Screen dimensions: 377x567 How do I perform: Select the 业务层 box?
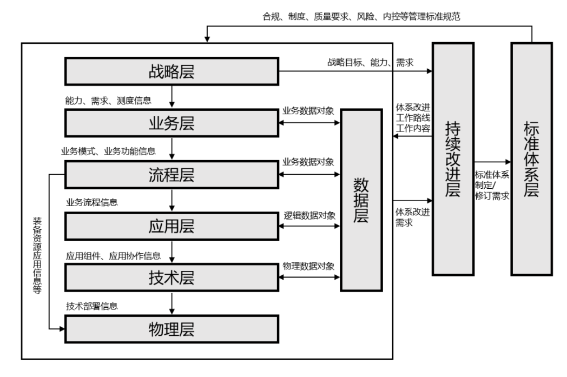click(171, 123)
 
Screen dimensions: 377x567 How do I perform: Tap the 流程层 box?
click(171, 175)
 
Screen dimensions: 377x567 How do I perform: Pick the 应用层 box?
click(171, 226)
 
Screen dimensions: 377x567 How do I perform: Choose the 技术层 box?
click(171, 277)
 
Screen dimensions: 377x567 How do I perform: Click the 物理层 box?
click(171, 328)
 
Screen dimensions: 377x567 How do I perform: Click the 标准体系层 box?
click(531, 159)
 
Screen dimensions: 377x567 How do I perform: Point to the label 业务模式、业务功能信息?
click(108, 151)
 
